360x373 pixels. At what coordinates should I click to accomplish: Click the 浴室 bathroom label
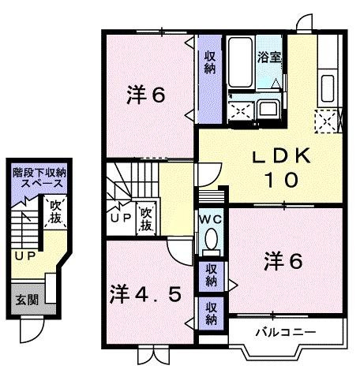(x=269, y=57)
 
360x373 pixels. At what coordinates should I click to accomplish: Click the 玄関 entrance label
(x=24, y=300)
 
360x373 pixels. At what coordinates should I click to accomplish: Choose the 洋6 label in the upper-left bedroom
(x=146, y=96)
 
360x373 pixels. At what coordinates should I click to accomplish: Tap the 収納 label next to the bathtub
(x=210, y=62)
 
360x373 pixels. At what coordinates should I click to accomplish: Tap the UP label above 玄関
(x=24, y=256)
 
